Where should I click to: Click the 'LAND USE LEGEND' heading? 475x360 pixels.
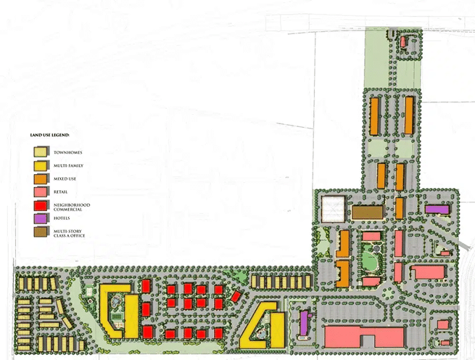[49, 135]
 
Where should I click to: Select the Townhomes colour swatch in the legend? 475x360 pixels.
[41, 152]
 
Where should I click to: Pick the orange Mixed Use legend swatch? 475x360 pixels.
[41, 179]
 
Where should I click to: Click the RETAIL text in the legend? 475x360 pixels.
[62, 192]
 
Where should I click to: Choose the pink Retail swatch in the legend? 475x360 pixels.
[41, 192]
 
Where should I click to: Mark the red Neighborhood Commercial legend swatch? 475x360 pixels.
[41, 205]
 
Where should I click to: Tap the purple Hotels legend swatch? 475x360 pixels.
[41, 218]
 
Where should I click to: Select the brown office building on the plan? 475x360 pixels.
[368, 211]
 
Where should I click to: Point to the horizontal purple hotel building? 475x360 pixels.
[437, 209]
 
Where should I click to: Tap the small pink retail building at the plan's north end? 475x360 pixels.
[404, 41]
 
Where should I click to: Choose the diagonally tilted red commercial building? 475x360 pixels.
[236, 295]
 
